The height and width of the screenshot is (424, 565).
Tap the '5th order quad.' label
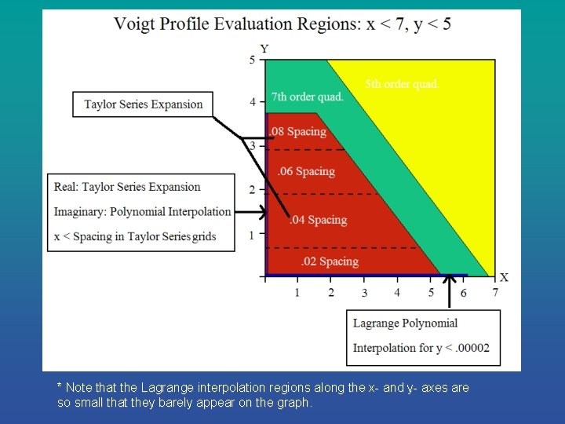click(x=402, y=84)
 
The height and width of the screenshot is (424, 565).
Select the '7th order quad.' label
click(x=308, y=97)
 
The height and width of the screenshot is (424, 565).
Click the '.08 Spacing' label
click(x=298, y=131)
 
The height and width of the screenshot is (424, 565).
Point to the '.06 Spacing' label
click(x=306, y=171)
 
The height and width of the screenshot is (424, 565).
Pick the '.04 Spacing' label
click(x=318, y=220)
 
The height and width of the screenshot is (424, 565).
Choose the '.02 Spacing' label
click(x=330, y=261)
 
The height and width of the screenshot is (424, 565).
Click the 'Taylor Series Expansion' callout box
click(x=143, y=104)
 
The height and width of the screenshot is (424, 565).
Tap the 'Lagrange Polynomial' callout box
click(x=423, y=337)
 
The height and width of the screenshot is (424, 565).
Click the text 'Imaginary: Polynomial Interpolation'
click(x=142, y=211)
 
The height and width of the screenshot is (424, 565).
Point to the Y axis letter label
click(x=264, y=49)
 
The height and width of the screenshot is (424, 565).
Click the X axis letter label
click(x=504, y=277)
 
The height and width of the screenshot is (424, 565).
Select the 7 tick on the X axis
click(x=495, y=293)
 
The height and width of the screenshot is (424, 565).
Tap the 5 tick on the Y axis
click(x=252, y=60)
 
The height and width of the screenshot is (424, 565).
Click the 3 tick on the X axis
click(x=364, y=293)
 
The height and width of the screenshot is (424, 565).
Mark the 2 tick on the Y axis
click(x=252, y=190)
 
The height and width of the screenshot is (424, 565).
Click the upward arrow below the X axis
click(x=450, y=291)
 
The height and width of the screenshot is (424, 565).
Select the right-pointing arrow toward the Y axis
click(x=252, y=212)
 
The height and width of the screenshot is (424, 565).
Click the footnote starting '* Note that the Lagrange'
click(x=263, y=395)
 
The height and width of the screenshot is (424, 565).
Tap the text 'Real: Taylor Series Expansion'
click(x=127, y=187)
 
